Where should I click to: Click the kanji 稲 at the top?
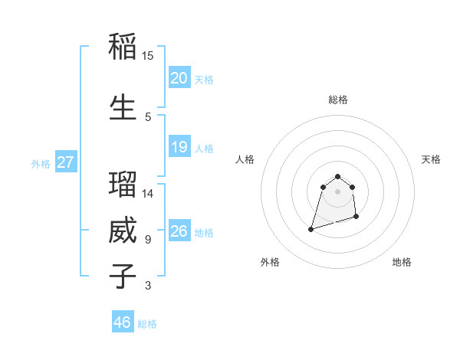[123, 47]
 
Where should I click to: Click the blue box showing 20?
[179, 78]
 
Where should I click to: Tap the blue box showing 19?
[179, 147]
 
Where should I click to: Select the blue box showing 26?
[179, 231]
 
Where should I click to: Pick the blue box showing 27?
[65, 162]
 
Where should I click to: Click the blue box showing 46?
[123, 322]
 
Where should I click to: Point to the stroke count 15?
[147, 56]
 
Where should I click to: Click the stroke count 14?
[147, 194]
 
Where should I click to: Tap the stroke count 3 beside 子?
[147, 286]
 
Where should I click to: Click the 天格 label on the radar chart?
[431, 159]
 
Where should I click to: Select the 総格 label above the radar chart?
[338, 100]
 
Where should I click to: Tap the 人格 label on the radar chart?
[245, 159]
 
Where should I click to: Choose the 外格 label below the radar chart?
[269, 262]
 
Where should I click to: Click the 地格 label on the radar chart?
[402, 262]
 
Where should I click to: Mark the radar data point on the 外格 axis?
[311, 228]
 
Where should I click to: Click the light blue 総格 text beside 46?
[147, 324]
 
